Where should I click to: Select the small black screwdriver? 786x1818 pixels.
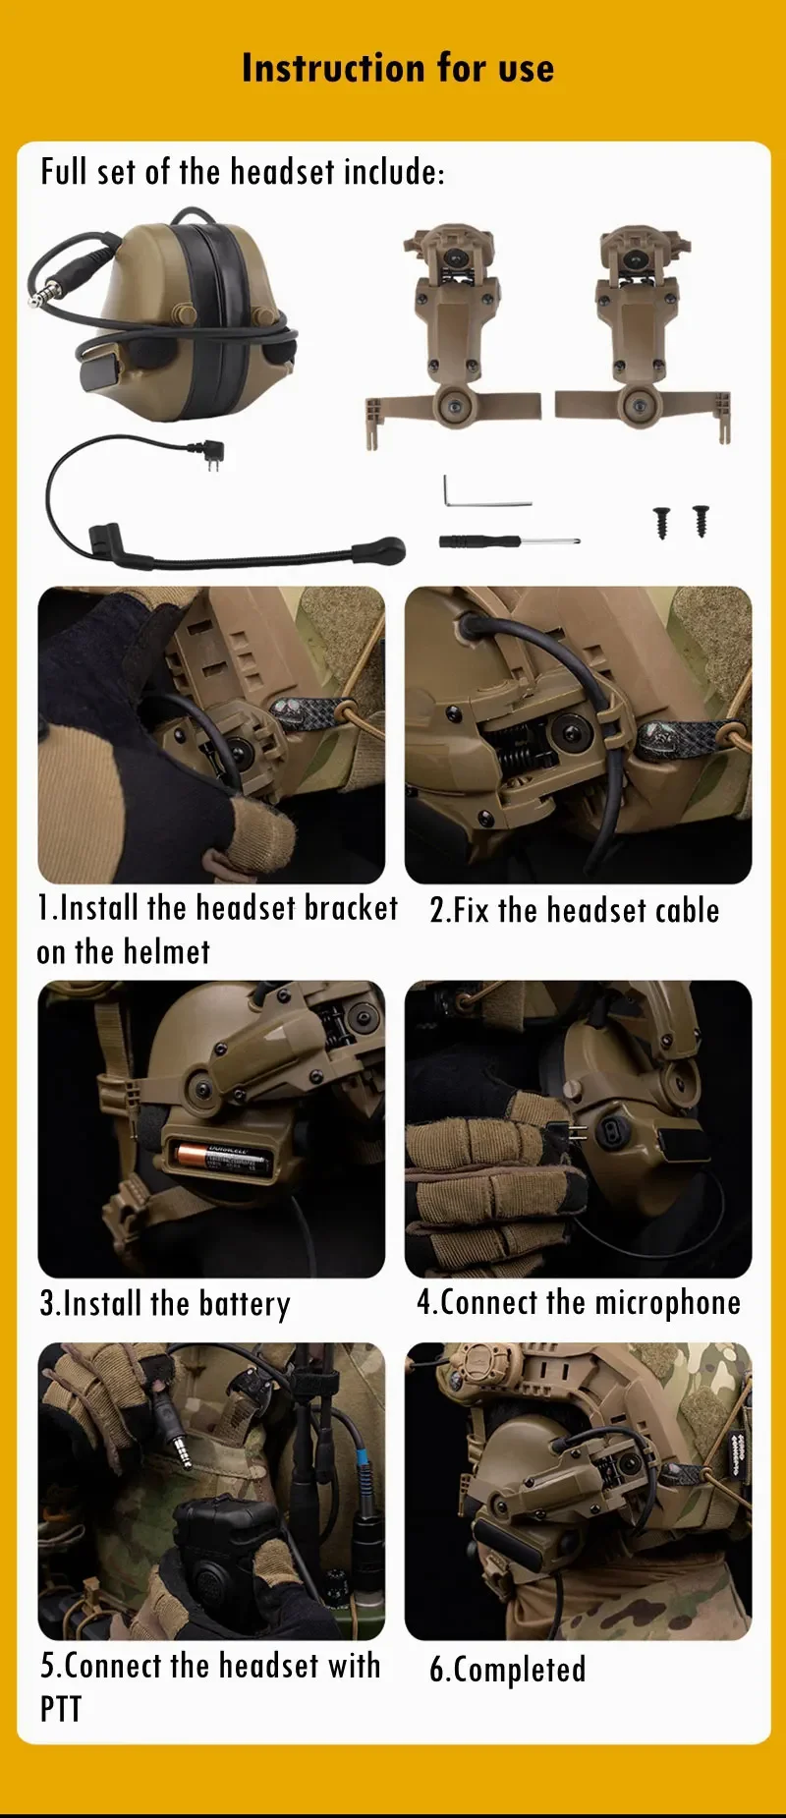point(509,540)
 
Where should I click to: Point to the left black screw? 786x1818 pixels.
point(662,522)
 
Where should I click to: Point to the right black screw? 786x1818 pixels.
point(701,520)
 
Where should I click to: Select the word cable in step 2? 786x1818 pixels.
point(688,910)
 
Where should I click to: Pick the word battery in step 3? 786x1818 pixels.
point(245,1304)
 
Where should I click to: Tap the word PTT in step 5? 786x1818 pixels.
point(61,1709)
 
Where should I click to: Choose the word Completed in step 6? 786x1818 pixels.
point(520,1670)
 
